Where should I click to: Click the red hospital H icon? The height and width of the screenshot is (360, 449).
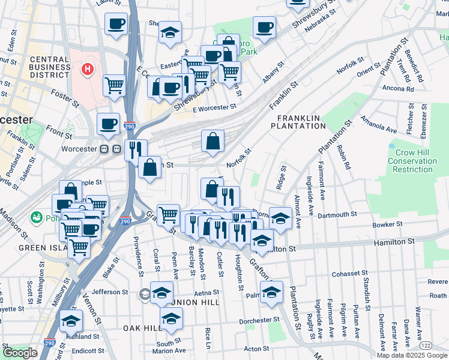[87, 70]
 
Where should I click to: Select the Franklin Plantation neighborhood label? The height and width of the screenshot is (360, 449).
[297, 122]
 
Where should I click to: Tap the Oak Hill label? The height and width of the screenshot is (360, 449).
[142, 328]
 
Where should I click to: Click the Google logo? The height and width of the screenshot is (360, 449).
[20, 352]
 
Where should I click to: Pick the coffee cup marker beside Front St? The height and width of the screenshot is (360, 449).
[108, 123]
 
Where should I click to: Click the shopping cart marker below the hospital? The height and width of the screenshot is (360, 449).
[114, 85]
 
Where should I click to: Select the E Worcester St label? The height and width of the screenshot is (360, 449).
[214, 107]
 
